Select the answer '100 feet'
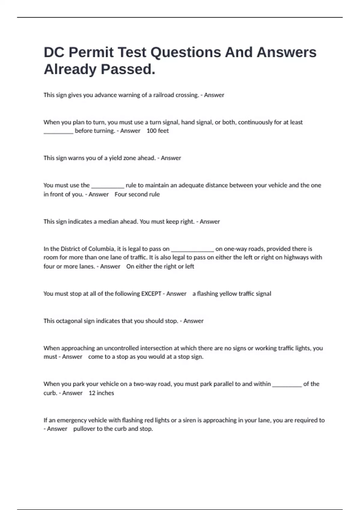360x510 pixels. (157, 131)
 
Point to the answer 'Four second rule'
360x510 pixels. (137, 194)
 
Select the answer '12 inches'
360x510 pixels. (101, 393)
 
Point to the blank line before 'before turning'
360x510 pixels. (58, 132)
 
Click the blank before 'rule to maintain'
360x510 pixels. (107, 187)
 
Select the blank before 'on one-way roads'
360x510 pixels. (192, 250)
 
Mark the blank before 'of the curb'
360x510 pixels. (287, 385)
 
